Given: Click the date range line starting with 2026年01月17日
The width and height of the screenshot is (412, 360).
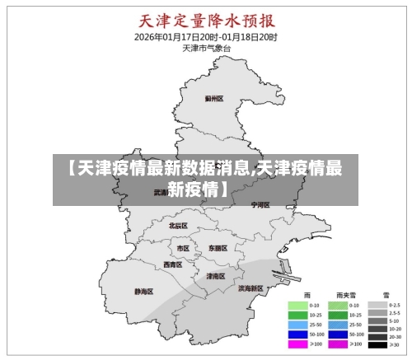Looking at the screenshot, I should tap(205, 36).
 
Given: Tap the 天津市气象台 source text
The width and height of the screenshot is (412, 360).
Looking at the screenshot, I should tap(205, 48).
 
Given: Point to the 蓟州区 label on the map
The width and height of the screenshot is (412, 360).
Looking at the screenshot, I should tap(214, 99).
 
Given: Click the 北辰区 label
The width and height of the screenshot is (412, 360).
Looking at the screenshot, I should tap(178, 226).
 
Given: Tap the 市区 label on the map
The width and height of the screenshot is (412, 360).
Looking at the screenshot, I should tap(183, 248).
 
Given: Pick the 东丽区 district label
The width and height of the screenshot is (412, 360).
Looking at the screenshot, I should tap(218, 248).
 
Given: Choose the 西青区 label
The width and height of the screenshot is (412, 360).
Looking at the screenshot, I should tap(172, 264).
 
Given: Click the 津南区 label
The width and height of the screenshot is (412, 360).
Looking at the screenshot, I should tap(215, 276).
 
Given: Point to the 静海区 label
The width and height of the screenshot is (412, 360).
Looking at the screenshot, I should tap(143, 292).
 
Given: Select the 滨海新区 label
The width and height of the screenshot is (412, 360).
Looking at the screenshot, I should tap(250, 288).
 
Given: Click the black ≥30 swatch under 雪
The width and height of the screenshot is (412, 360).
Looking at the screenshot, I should tap(377, 344).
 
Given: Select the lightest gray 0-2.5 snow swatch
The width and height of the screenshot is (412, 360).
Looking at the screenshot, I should tap(377, 305).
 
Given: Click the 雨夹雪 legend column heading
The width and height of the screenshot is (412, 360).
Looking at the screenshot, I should tap(345, 294).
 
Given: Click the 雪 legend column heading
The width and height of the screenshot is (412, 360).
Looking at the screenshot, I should tap(385, 294).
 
